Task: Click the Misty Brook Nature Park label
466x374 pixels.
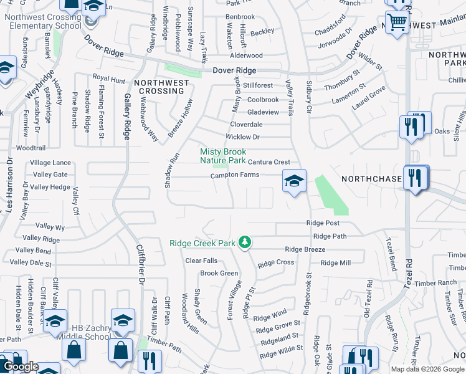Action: pyautogui.click(x=222, y=156)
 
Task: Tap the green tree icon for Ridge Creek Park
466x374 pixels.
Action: pyautogui.click(x=245, y=242)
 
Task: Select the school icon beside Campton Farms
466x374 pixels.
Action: pyautogui.click(x=295, y=181)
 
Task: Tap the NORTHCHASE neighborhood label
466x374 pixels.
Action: pyautogui.click(x=371, y=179)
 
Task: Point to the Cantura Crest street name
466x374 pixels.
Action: pyautogui.click(x=269, y=162)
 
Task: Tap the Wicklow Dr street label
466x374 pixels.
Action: pyautogui.click(x=242, y=137)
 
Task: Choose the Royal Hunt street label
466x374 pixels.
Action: pyautogui.click(x=108, y=79)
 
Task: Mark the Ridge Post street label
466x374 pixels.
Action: pyautogui.click(x=323, y=223)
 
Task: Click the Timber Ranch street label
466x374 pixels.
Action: pyautogui.click(x=439, y=282)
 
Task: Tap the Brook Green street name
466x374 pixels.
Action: pyautogui.click(x=219, y=273)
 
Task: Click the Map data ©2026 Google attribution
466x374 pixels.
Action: pyautogui.click(x=428, y=369)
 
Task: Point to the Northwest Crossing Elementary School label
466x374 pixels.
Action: pyautogui.click(x=43, y=21)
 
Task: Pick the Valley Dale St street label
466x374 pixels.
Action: pyautogui.click(x=31, y=264)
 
